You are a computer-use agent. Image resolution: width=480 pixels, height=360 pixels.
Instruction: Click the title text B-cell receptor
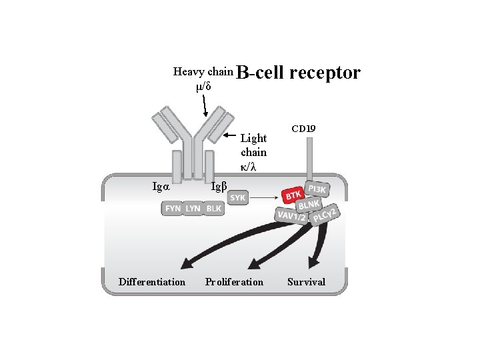click(x=298, y=72)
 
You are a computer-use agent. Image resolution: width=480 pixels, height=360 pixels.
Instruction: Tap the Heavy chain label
click(x=203, y=71)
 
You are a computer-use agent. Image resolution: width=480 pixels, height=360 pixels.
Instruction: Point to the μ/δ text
click(x=203, y=86)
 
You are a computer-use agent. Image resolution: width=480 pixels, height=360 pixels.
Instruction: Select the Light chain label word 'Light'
click(x=253, y=139)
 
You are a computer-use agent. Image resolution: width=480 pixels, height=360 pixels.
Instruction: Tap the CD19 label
click(x=304, y=127)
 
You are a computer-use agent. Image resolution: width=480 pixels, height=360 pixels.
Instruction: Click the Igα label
click(x=161, y=187)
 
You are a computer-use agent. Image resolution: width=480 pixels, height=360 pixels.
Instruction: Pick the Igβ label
click(x=219, y=186)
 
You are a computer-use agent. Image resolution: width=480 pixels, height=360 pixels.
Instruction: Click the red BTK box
click(x=293, y=195)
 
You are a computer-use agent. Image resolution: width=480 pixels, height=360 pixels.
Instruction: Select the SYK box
click(x=238, y=198)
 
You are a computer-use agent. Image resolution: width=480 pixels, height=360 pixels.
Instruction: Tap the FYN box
click(x=173, y=209)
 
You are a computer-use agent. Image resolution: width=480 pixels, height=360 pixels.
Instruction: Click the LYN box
click(x=193, y=209)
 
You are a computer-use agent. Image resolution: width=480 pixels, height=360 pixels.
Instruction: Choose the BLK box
click(x=213, y=209)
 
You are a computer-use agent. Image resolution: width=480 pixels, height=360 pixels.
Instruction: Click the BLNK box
click(x=311, y=205)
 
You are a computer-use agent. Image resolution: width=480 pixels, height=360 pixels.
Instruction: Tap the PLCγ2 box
click(x=326, y=215)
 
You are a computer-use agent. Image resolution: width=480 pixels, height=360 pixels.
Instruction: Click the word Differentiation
click(x=152, y=282)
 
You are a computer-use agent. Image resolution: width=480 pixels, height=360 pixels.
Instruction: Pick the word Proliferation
click(x=234, y=282)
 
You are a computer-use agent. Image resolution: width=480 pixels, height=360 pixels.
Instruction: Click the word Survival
click(x=306, y=282)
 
